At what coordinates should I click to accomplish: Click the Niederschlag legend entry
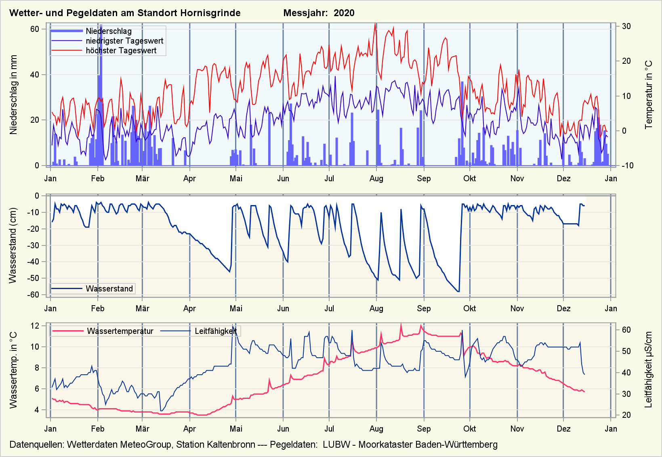pyautogui.click(x=108, y=31)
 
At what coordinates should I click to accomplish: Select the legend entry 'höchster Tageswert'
pyautogui.click(x=121, y=50)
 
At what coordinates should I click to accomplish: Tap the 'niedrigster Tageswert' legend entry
pyautogui.click(x=124, y=41)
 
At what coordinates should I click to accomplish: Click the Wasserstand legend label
pyautogui.click(x=109, y=289)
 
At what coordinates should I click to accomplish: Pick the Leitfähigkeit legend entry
pyautogui.click(x=215, y=331)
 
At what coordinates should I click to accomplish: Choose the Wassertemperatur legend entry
pyautogui.click(x=120, y=331)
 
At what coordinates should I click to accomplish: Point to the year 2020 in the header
pyautogui.click(x=344, y=13)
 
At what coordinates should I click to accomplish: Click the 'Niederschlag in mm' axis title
pyautogui.click(x=14, y=95)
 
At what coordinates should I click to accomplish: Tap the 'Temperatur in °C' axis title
pyautogui.click(x=649, y=95)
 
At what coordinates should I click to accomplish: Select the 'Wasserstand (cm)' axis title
pyautogui.click(x=13, y=245)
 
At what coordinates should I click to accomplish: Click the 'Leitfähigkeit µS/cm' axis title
pyautogui.click(x=649, y=370)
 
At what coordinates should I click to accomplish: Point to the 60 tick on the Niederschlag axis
pyautogui.click(x=35, y=29)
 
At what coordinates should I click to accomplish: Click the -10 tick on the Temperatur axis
pyautogui.click(x=625, y=166)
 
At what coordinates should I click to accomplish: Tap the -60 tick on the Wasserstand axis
pyautogui.click(x=33, y=295)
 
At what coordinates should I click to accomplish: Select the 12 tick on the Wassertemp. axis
pyautogui.click(x=35, y=326)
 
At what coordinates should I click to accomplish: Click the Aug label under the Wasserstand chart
pyautogui.click(x=376, y=308)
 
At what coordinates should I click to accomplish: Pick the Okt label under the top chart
pyautogui.click(x=469, y=178)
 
